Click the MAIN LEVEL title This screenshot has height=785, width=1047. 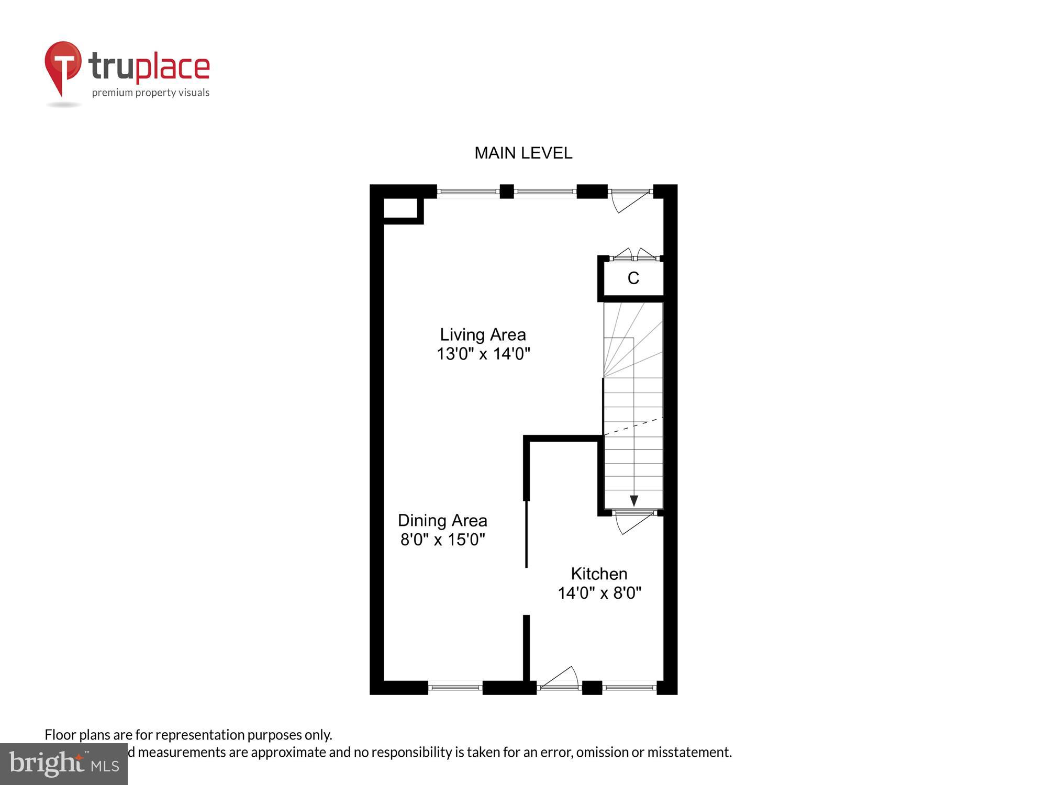[523, 153]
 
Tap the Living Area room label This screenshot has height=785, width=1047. [482, 334]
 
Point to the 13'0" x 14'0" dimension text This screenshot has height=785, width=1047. [483, 354]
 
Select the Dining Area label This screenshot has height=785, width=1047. [442, 520]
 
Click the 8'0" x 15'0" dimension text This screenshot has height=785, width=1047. [443, 540]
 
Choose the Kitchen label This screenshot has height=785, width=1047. [599, 574]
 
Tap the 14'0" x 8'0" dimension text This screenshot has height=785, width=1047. [599, 593]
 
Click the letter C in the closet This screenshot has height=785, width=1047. [633, 278]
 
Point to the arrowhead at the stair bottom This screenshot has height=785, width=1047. [634, 501]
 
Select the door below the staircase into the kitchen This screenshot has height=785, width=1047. [633, 522]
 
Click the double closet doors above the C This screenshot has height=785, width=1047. [634, 256]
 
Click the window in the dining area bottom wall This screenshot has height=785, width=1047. [455, 687]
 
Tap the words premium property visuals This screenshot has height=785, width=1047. [151, 93]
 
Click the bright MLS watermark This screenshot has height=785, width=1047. [64, 764]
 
